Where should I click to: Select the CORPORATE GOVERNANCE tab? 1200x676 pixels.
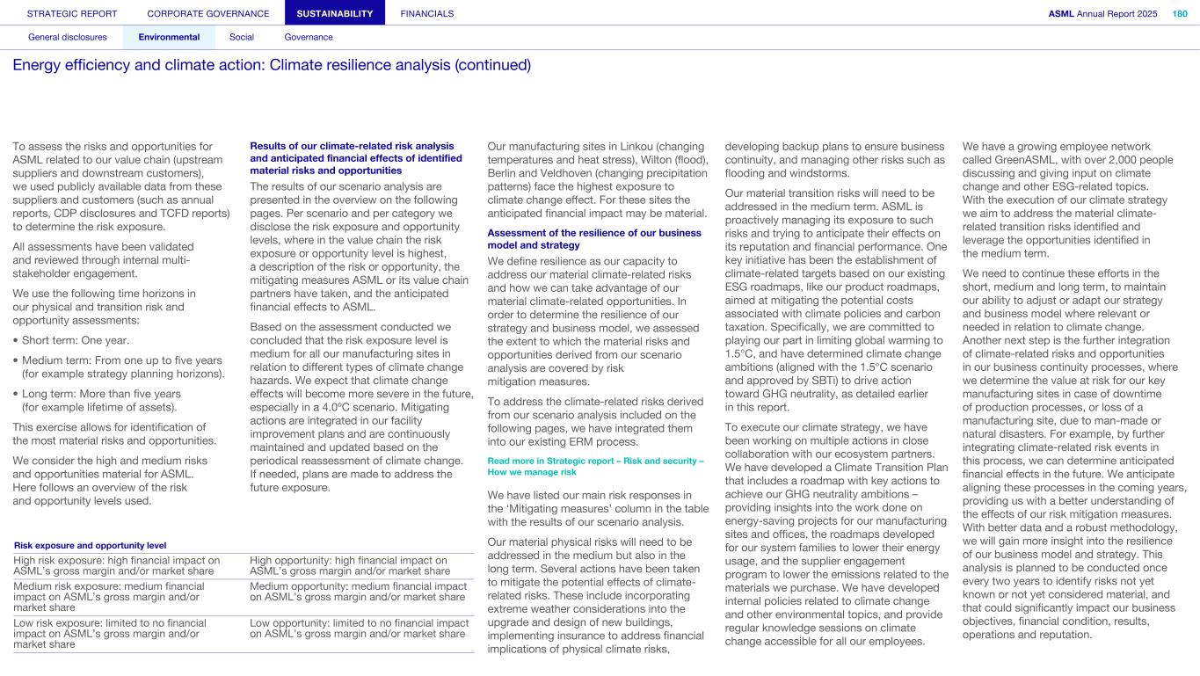(x=208, y=14)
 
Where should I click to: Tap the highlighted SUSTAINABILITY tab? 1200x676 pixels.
(x=335, y=14)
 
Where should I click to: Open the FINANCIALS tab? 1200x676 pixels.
(x=427, y=14)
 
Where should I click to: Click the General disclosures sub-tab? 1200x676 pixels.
(x=68, y=37)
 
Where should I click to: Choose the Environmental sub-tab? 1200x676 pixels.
(x=169, y=37)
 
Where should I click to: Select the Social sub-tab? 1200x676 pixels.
(x=242, y=37)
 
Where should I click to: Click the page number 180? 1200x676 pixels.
(x=1180, y=14)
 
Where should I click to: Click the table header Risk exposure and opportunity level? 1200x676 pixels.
(x=91, y=546)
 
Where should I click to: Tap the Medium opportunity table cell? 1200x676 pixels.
(x=358, y=592)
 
